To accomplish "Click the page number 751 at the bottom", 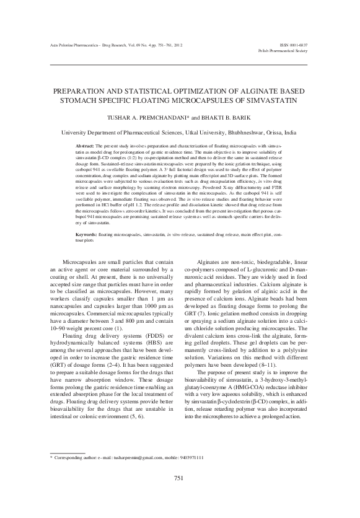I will (180, 496).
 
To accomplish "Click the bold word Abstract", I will (87, 144).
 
